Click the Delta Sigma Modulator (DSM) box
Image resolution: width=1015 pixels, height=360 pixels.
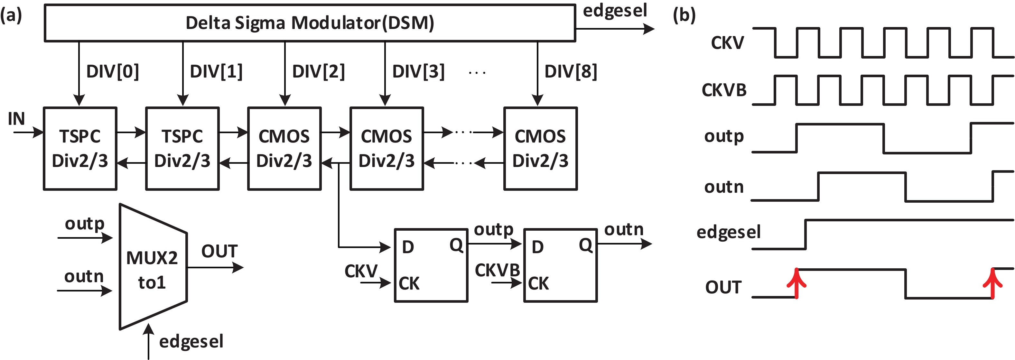point(310,23)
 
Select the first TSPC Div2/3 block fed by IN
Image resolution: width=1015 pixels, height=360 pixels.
point(80,149)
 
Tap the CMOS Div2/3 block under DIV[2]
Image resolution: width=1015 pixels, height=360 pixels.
point(284,149)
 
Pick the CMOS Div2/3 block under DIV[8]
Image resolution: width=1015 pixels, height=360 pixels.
point(540,149)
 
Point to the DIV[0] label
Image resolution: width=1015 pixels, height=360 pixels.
point(113,72)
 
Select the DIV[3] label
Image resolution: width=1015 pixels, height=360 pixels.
point(418,72)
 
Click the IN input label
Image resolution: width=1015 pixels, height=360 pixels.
point(16,119)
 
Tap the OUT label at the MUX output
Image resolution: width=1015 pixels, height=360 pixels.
point(219,251)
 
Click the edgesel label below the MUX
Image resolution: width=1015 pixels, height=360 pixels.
point(191,341)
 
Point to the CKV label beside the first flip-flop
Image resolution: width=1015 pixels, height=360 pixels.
point(361,271)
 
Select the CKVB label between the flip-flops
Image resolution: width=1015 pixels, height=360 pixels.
point(497,270)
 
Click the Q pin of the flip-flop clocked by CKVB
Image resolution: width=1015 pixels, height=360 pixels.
point(585,245)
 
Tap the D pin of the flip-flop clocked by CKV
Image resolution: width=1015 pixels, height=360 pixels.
point(408,247)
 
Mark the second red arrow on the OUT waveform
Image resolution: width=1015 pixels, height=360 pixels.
point(992,283)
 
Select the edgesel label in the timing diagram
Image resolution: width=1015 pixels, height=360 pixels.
point(729,232)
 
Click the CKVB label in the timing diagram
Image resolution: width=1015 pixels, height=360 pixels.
point(724,90)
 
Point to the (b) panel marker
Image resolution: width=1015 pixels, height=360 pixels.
point(684,15)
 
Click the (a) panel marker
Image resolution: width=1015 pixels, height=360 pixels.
point(11,15)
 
